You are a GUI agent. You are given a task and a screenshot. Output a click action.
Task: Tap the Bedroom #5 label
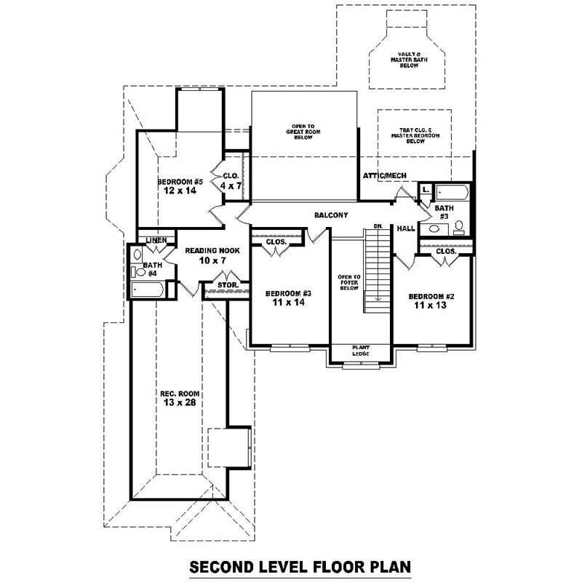coord(180,181)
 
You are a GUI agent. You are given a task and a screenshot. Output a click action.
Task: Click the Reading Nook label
coord(207,250)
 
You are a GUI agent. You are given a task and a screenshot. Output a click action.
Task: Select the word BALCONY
coord(331,215)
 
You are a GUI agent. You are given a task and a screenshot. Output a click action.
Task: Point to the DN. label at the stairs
coord(378,226)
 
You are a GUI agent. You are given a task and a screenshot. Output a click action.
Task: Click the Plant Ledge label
coord(361,351)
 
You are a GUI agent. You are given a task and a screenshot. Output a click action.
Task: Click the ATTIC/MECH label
coord(385,176)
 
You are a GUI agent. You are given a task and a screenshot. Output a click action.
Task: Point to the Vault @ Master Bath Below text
coord(411,59)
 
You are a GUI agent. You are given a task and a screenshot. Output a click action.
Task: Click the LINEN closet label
coord(156,240)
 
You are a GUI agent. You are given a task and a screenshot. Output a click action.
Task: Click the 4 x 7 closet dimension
coord(231,186)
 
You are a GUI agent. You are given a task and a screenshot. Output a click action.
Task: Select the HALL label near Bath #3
coord(406,228)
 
